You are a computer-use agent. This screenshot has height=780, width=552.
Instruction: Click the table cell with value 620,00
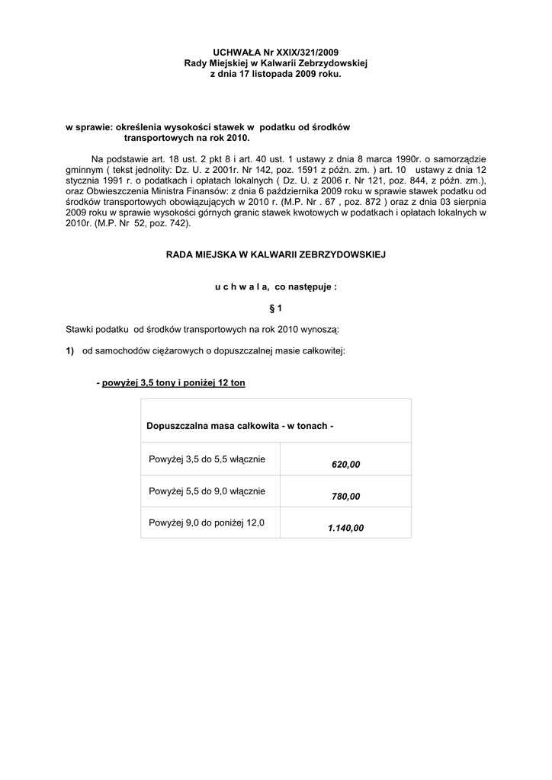(x=345, y=464)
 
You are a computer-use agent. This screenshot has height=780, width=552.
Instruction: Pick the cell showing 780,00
(x=345, y=496)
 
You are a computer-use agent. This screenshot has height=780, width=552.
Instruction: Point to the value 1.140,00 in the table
(x=345, y=528)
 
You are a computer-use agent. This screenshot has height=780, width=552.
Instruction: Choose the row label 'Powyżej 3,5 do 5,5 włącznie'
(x=207, y=459)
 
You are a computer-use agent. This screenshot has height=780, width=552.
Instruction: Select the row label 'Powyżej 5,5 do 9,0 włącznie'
(x=207, y=491)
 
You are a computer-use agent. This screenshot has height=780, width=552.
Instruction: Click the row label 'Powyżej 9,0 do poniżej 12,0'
(x=207, y=523)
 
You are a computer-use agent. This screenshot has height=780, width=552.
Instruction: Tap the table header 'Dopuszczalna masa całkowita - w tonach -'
(x=239, y=425)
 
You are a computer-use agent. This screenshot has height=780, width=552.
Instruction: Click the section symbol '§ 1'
(x=275, y=308)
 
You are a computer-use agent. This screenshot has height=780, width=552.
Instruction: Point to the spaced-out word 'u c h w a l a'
(x=239, y=287)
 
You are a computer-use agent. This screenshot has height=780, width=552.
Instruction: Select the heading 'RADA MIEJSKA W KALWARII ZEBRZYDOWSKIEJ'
(x=275, y=254)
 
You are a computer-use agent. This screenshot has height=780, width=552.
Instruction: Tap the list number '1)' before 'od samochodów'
(x=69, y=350)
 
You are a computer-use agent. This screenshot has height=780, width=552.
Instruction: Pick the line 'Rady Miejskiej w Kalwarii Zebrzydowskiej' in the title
(x=275, y=65)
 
